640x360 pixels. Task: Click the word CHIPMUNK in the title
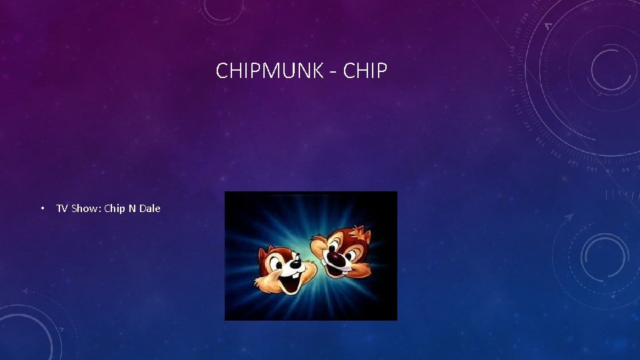(x=270, y=71)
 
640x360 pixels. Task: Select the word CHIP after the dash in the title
(x=365, y=71)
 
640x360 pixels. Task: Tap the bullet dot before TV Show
(x=42, y=209)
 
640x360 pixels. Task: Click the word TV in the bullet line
(x=61, y=209)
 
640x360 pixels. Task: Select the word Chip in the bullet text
(x=115, y=209)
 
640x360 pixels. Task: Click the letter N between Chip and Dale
(x=132, y=209)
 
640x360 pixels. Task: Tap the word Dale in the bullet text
(x=150, y=209)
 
